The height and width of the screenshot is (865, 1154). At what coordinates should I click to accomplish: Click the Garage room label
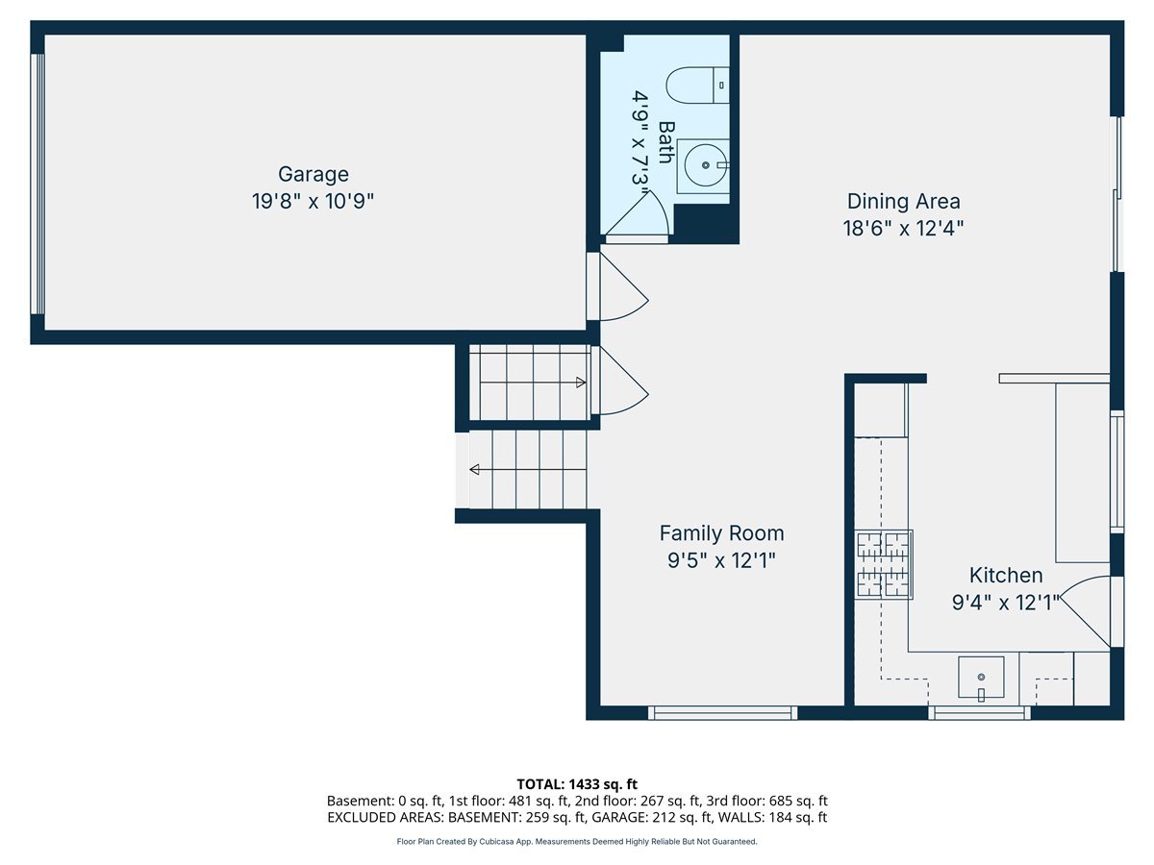tap(313, 174)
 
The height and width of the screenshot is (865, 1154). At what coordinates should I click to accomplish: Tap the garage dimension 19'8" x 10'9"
tap(313, 202)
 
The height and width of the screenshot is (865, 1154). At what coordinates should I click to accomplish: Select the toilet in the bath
tap(698, 86)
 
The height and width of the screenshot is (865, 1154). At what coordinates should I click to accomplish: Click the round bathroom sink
tap(705, 166)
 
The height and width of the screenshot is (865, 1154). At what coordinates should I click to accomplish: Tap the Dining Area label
tap(903, 201)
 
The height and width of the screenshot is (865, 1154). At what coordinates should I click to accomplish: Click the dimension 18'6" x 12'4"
tap(903, 229)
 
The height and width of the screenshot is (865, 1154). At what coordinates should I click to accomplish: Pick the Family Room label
tap(721, 532)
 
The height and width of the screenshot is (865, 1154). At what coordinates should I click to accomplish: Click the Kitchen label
tap(1005, 575)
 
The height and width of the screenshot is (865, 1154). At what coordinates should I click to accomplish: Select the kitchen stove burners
tap(884, 564)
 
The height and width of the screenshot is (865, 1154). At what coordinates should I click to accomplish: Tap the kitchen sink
tap(980, 678)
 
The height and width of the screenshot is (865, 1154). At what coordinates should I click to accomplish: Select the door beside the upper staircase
tap(620, 383)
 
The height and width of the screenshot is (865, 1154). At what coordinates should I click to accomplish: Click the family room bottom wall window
tap(722, 712)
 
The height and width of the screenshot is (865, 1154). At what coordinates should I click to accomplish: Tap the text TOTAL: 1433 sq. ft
tap(577, 784)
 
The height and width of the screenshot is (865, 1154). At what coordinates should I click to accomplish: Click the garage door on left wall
tap(38, 184)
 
